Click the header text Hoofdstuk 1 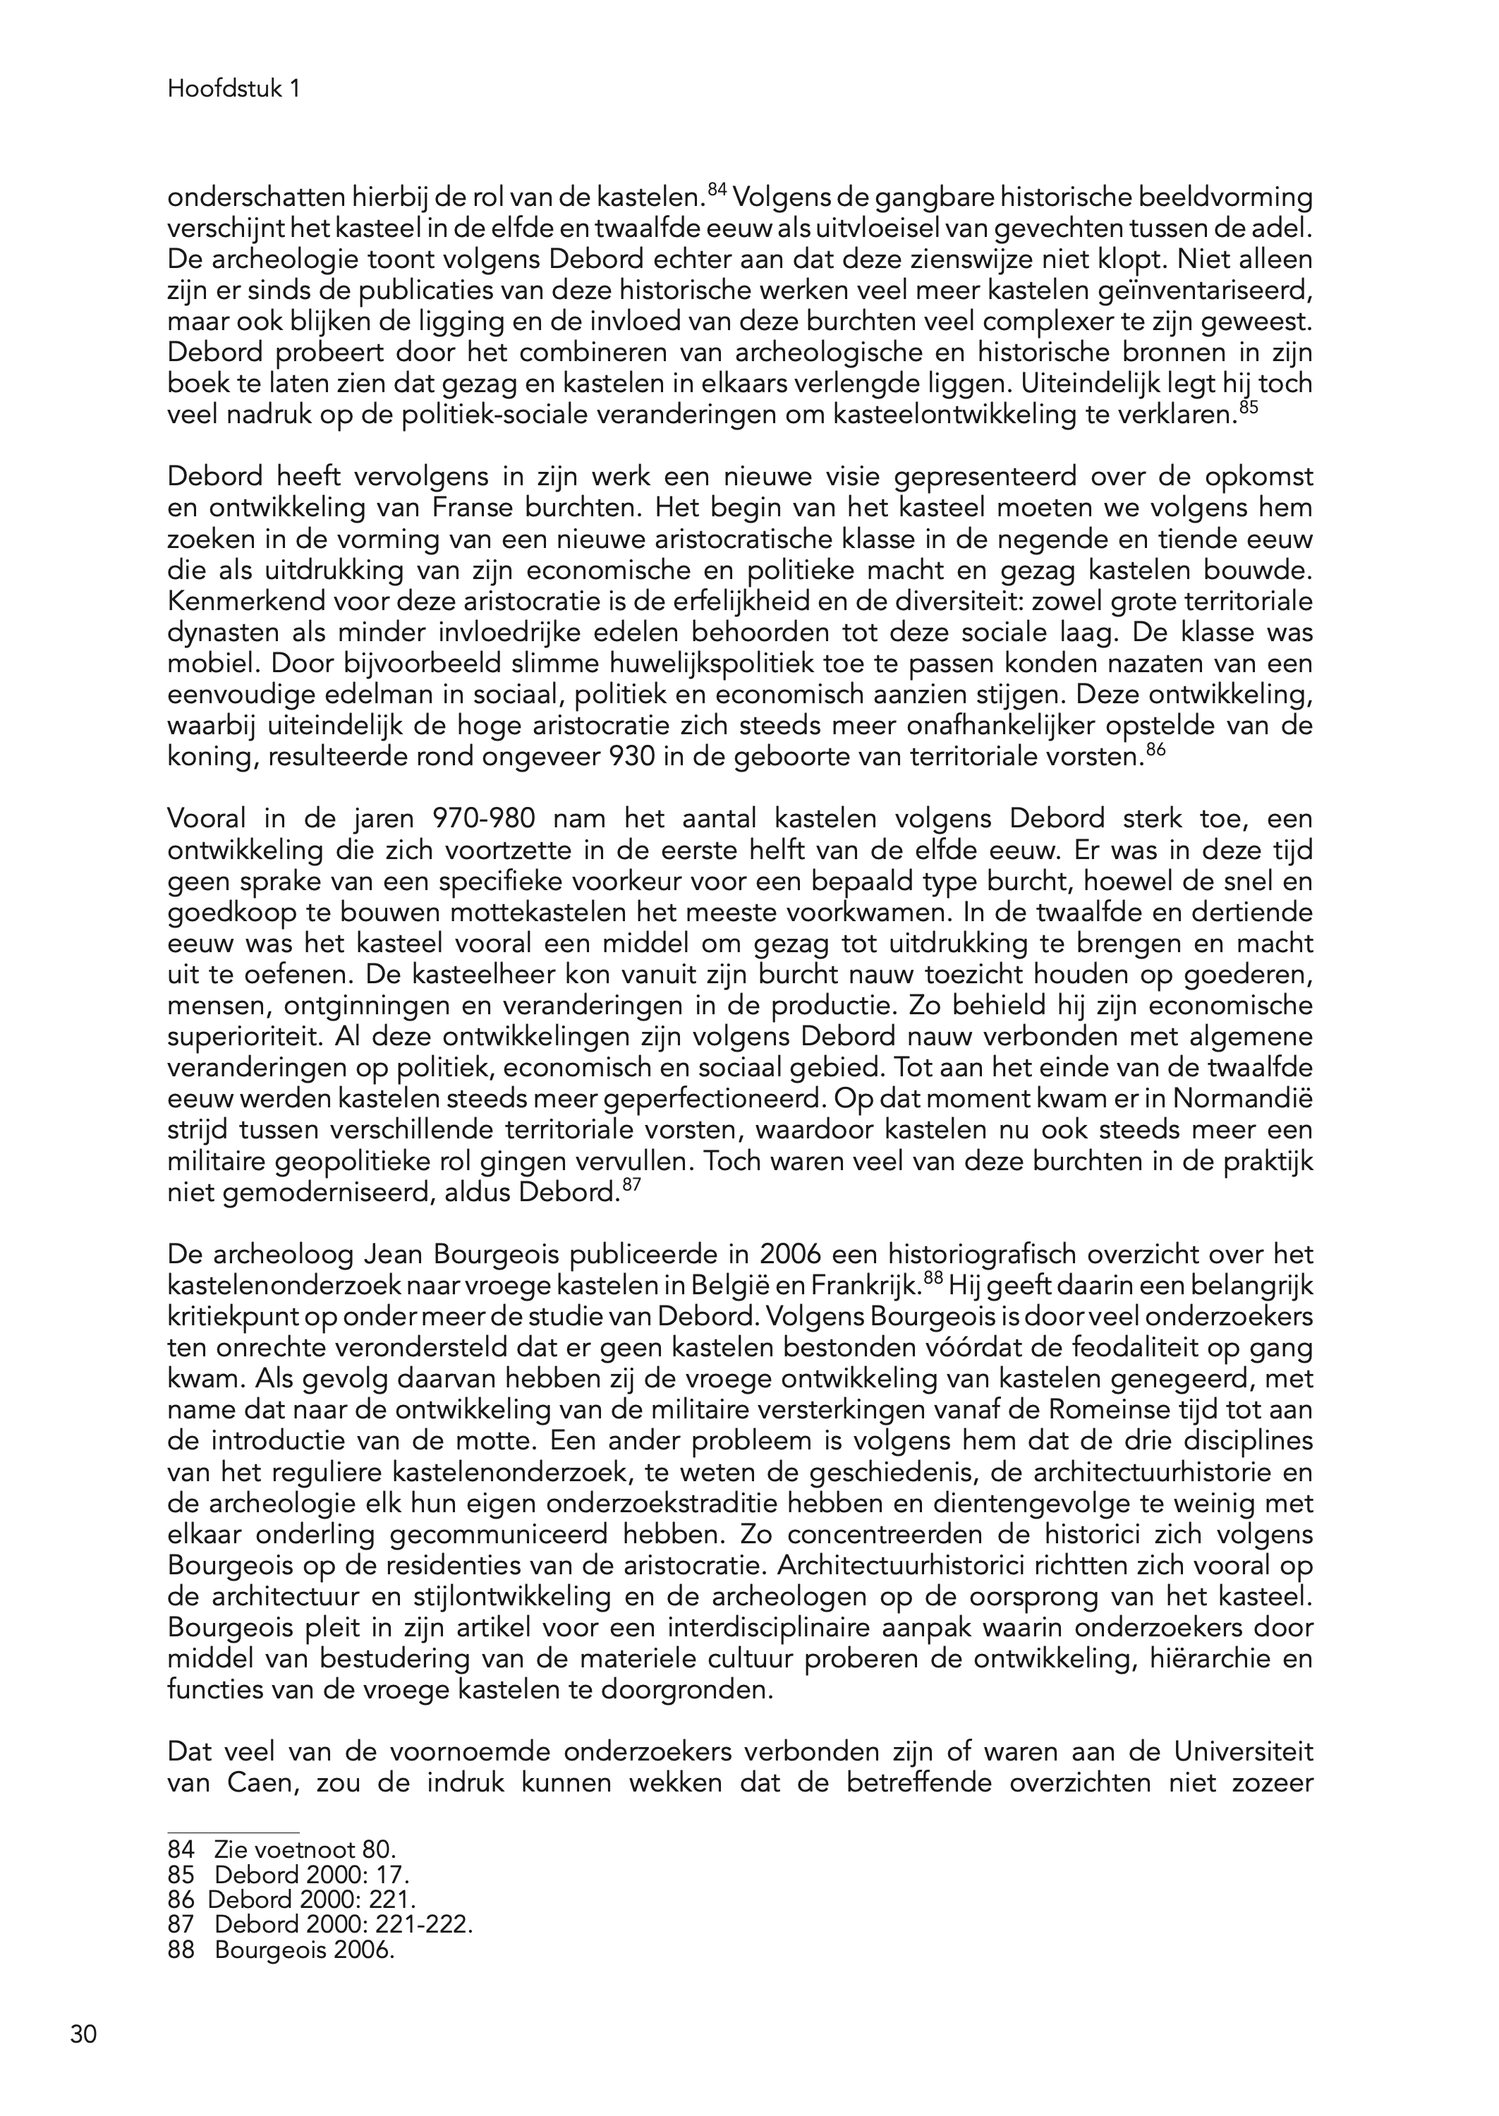(x=234, y=89)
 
